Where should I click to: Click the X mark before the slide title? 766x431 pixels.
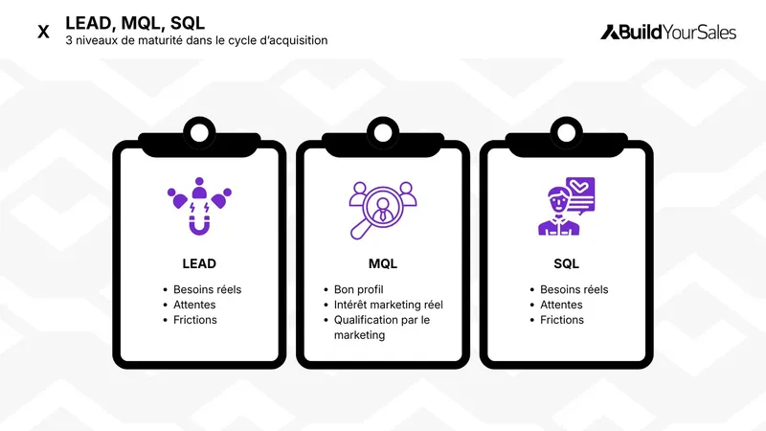point(43,32)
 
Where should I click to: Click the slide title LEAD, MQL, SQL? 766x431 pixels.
point(134,22)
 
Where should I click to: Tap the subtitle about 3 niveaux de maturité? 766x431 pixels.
point(196,41)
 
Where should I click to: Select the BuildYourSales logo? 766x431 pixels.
point(668,32)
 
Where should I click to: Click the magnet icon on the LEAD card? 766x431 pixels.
point(199,207)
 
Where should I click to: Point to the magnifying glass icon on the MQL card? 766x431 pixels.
point(380,208)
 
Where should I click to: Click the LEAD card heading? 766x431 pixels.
point(199,263)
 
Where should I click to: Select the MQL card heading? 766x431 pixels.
point(383,263)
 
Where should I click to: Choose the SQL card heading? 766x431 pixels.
point(566,263)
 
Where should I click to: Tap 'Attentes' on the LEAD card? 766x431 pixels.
point(194,305)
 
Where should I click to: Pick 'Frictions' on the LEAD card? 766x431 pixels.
point(195,320)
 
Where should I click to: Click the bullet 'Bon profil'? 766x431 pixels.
point(357,289)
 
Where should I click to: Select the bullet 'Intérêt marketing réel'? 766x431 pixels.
point(388,305)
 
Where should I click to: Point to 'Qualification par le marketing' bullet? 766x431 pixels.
point(381,328)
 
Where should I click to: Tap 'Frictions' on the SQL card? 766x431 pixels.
point(562,320)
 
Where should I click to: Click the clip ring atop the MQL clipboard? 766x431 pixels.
point(383,127)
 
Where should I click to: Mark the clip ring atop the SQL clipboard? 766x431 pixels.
point(567,127)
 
